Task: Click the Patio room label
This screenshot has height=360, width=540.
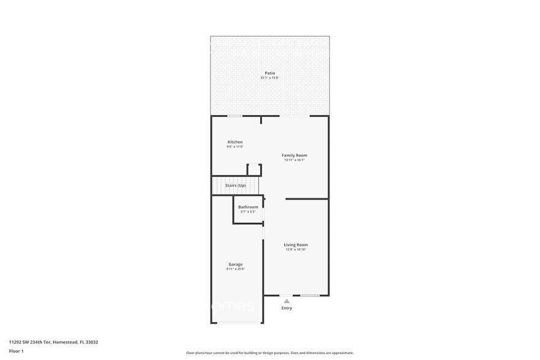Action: (x=269, y=73)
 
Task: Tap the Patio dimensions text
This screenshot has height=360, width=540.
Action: (x=269, y=78)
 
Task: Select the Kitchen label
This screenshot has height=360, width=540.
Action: (x=235, y=142)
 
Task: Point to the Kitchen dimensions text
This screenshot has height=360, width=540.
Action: (x=235, y=147)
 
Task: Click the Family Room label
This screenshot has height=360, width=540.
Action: (x=294, y=156)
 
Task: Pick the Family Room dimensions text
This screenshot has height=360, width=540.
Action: (x=294, y=160)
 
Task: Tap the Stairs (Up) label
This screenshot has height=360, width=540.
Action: (x=236, y=185)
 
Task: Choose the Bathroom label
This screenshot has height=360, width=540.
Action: (x=248, y=207)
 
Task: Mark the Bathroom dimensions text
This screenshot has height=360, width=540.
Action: (x=248, y=212)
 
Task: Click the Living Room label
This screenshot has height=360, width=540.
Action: (x=296, y=245)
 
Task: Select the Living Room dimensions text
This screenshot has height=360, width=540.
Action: (x=296, y=250)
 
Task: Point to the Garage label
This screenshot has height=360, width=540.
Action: (x=236, y=264)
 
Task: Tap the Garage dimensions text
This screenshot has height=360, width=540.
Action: (x=236, y=269)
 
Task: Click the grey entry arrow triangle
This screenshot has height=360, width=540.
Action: (x=287, y=301)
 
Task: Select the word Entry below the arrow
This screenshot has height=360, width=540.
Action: (x=287, y=308)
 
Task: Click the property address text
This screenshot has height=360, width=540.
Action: (x=53, y=342)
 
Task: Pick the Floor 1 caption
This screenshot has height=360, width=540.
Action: (x=16, y=351)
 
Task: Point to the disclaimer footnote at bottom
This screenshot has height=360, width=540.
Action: (x=269, y=353)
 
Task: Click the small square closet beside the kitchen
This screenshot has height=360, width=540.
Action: (x=254, y=170)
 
